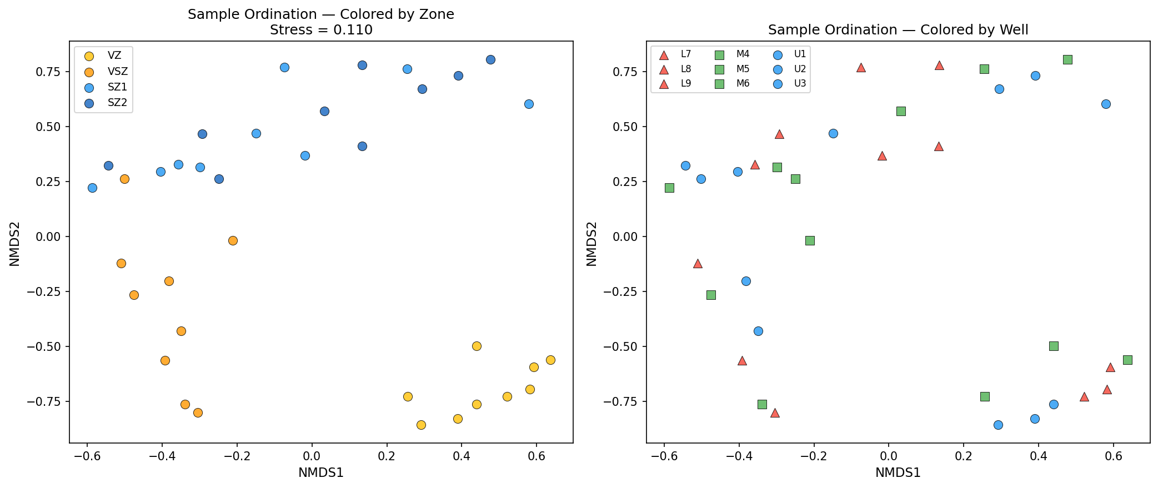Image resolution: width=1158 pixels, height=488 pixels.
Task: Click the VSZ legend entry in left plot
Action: point(117,72)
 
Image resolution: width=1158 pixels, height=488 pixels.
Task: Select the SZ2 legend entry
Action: point(117,103)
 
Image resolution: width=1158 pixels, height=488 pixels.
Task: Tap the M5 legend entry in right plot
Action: point(743,69)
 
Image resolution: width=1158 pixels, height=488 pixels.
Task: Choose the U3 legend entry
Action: point(800,84)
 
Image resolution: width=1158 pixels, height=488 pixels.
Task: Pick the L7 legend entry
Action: point(686,54)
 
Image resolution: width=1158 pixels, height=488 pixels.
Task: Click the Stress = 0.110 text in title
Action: point(321,30)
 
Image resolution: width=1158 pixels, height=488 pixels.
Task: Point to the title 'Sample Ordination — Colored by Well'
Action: point(898,30)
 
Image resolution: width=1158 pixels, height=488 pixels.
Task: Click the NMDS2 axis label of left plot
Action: point(15,244)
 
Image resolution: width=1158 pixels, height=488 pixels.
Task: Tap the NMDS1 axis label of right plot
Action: point(898,473)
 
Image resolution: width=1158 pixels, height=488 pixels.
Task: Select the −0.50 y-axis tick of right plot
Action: point(625,346)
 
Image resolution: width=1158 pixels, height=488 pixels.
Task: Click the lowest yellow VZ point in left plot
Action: point(421,425)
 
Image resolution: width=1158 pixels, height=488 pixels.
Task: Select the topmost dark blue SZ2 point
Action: point(490,59)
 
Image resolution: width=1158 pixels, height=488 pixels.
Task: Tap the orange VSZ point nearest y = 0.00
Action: point(233,240)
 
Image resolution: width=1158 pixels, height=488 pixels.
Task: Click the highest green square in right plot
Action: point(1067,59)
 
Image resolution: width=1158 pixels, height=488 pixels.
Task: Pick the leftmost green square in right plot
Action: point(669,188)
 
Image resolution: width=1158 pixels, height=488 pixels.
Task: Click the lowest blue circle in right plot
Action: point(998,425)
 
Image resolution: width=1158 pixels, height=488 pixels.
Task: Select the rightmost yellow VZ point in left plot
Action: point(550,360)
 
